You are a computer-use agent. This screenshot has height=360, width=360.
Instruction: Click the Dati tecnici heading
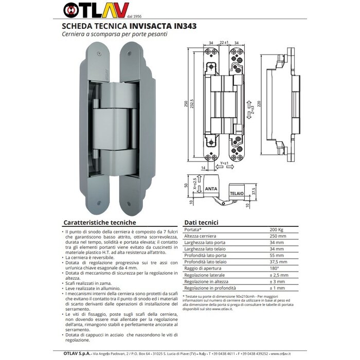click(202, 222)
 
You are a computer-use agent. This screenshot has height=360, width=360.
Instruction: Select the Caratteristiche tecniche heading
click(99, 222)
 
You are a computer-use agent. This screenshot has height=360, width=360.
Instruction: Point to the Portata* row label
click(193, 229)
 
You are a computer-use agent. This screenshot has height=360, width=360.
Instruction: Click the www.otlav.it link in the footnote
click(222, 309)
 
